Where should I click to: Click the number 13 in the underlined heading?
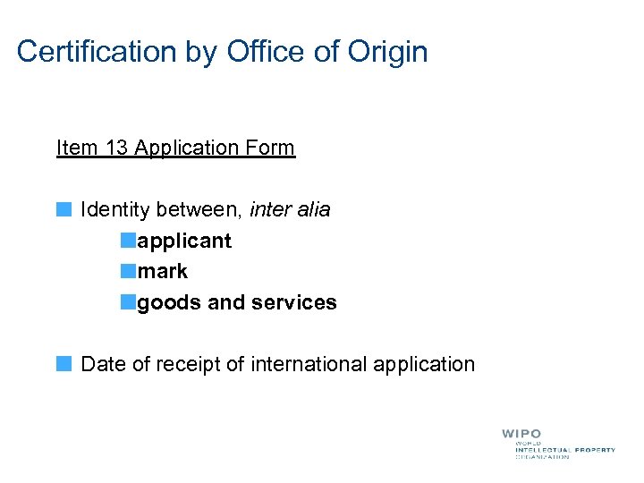tap(115, 148)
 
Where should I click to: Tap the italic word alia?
tap(311, 210)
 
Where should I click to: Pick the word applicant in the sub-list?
tap(184, 241)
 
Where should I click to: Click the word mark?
tap(163, 272)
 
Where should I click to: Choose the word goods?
tap(169, 303)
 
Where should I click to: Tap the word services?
tap(294, 303)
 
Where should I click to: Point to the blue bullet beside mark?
tap(130, 272)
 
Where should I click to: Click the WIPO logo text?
tap(521, 434)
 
